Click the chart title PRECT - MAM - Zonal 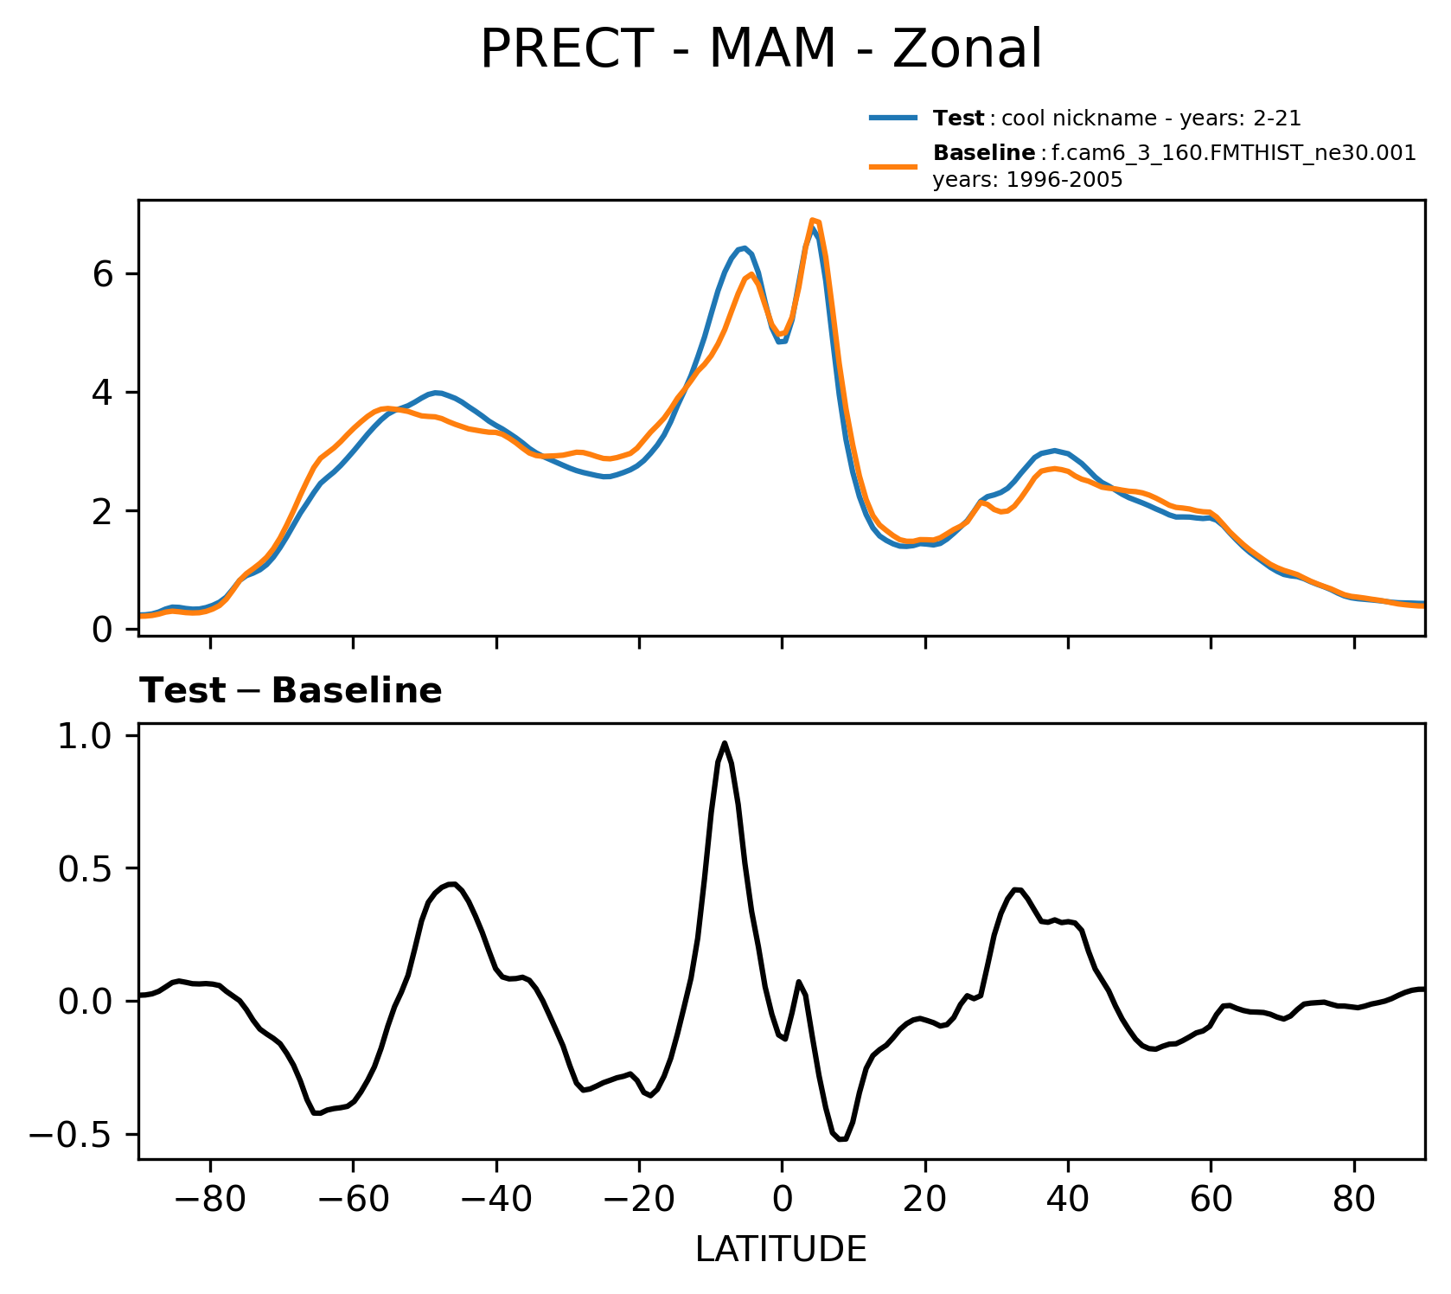click(761, 49)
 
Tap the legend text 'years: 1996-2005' click(1027, 180)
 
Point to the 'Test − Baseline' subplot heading click(291, 691)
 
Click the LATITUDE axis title click(781, 1249)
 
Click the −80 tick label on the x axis click(209, 1201)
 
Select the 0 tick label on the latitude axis click(782, 1201)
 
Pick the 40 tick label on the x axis click(1068, 1201)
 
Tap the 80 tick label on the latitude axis click(1354, 1201)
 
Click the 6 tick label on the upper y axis click(104, 274)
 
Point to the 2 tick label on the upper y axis click(104, 511)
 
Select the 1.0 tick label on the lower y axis click(86, 736)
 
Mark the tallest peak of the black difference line click(725, 743)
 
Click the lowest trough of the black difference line click(842, 1139)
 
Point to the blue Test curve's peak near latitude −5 click(744, 248)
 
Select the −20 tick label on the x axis click(638, 1201)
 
